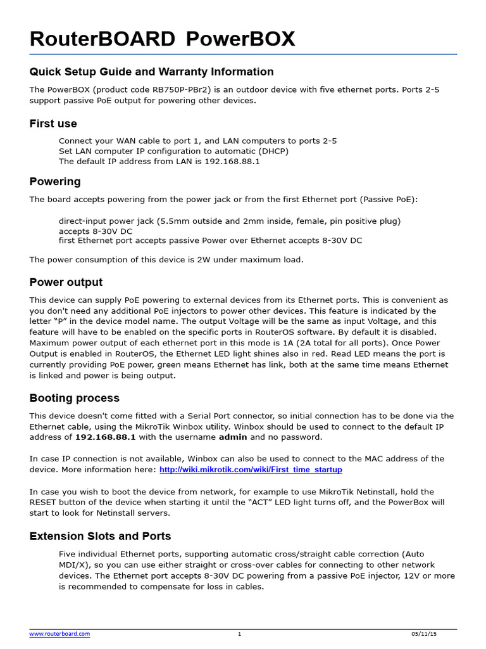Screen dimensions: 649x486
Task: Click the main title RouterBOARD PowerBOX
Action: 162,39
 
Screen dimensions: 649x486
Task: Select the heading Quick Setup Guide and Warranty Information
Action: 151,72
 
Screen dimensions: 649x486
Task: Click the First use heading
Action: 53,124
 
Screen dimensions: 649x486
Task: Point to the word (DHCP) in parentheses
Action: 272,151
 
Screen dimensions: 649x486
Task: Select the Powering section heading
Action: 55,181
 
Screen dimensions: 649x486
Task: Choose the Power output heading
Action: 66,282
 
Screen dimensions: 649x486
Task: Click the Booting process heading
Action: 74,398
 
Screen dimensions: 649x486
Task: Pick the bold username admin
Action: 233,437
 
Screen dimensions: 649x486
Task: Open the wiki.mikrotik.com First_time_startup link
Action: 251,470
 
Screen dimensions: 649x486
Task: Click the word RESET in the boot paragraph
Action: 45,502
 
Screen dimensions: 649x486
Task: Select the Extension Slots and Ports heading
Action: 100,536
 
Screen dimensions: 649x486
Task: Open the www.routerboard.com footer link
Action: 59,634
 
